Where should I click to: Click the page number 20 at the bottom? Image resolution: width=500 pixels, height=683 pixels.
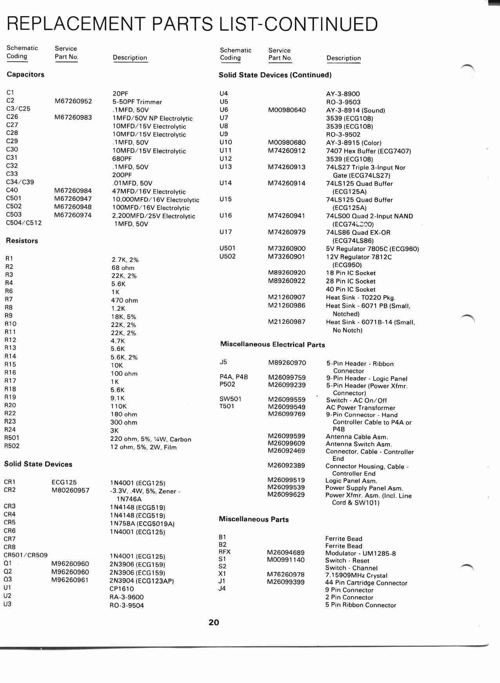pyautogui.click(x=214, y=622)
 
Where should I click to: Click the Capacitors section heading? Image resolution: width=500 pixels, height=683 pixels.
pyautogui.click(x=25, y=75)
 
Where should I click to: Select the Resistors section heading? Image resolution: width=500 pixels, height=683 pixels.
pyautogui.click(x=22, y=241)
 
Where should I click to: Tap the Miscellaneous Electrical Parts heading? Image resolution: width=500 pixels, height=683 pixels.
pyautogui.click(x=273, y=345)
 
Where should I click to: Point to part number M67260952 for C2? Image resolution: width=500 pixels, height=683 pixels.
pyautogui.click(x=73, y=101)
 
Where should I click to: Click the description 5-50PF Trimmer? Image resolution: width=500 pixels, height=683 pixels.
pyautogui.click(x=137, y=102)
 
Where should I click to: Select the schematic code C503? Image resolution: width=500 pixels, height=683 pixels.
pyautogui.click(x=14, y=214)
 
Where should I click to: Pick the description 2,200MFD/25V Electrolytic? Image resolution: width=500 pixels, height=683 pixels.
pyautogui.click(x=153, y=216)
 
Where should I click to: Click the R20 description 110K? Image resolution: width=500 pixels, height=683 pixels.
pyautogui.click(x=118, y=406)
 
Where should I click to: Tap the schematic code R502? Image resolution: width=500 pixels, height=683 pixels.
pyautogui.click(x=12, y=446)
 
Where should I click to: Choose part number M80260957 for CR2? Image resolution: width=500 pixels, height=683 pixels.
pyautogui.click(x=70, y=490)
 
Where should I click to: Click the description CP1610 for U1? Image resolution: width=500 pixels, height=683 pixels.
pyautogui.click(x=122, y=589)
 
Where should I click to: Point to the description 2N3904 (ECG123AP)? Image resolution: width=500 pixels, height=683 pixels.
pyautogui.click(x=142, y=581)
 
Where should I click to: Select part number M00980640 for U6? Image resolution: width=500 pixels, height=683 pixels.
pyautogui.click(x=287, y=110)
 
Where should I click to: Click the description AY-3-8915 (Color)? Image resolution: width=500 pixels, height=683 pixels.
pyautogui.click(x=353, y=143)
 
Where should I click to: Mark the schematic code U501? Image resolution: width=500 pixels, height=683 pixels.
pyautogui.click(x=227, y=248)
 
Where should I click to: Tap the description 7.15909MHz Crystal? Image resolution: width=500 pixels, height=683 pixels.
pyautogui.click(x=356, y=575)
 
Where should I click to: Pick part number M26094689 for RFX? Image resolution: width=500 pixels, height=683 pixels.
pyautogui.click(x=285, y=553)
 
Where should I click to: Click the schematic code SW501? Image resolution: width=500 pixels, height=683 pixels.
pyautogui.click(x=230, y=399)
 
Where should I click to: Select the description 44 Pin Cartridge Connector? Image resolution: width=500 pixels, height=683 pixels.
pyautogui.click(x=366, y=583)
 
